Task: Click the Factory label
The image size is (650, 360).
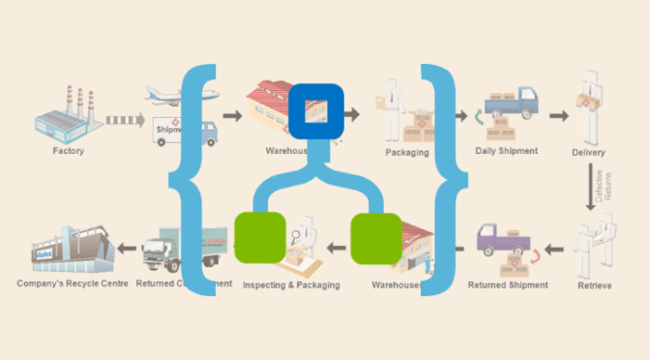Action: click(x=68, y=152)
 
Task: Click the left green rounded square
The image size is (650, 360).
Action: click(x=259, y=238)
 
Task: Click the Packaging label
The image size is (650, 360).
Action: click(x=406, y=152)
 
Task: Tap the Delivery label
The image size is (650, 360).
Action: click(x=588, y=153)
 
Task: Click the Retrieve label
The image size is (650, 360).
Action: click(x=594, y=285)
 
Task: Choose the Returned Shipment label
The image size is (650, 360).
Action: click(x=508, y=285)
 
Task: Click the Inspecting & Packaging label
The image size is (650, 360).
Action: click(x=291, y=285)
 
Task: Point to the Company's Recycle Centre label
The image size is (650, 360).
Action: click(x=72, y=285)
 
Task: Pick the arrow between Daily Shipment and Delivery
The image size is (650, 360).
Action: click(x=558, y=115)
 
